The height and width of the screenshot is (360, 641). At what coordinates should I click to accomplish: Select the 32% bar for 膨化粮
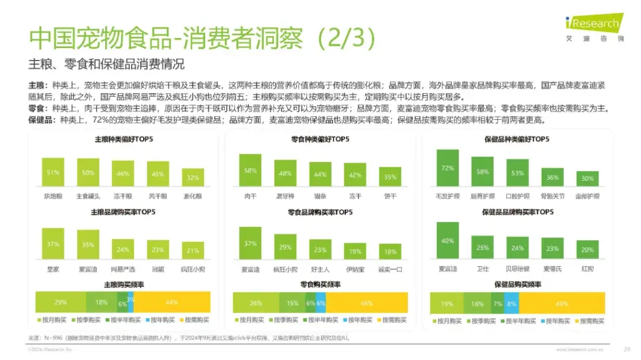pos(192,177)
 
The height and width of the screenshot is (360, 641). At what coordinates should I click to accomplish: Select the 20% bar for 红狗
pos(588,250)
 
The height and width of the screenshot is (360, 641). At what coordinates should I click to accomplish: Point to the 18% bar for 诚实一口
pos(390,251)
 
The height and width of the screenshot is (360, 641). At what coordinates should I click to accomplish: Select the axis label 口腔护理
pos(518,196)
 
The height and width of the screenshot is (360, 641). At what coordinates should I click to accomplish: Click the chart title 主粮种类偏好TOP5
pos(122,140)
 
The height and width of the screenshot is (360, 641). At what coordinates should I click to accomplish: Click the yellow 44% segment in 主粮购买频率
pos(172,302)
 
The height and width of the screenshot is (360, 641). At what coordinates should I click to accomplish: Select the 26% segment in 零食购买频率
pos(256,303)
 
